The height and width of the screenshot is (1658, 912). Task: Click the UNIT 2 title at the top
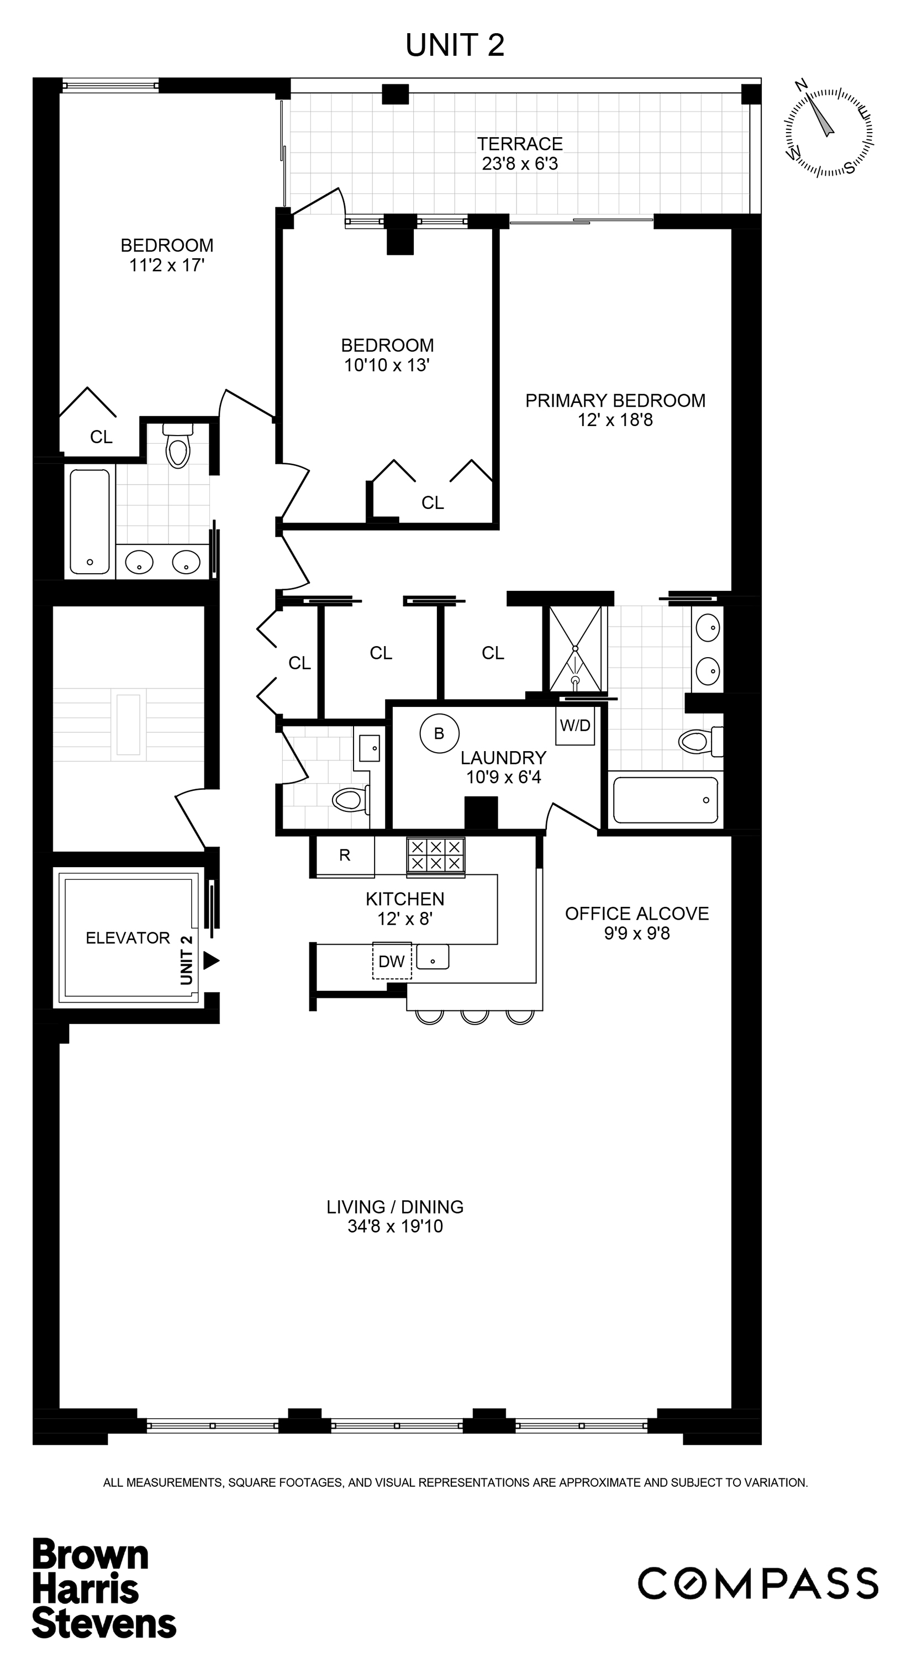click(455, 45)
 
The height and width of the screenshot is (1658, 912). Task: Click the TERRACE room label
click(520, 144)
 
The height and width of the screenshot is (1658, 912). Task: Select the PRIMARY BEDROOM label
click(615, 400)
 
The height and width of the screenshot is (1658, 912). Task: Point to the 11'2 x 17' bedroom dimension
click(167, 265)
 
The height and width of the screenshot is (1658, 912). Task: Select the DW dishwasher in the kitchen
click(392, 962)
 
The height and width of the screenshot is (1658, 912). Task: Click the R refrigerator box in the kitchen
click(345, 856)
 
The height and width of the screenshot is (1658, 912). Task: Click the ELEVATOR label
click(128, 938)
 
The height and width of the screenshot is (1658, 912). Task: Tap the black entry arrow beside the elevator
click(211, 961)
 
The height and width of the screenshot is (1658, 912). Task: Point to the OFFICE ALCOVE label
click(637, 914)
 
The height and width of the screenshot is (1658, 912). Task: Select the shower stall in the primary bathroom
click(576, 649)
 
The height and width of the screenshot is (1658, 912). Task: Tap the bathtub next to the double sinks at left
click(89, 522)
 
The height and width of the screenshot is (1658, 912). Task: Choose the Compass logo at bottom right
click(758, 1583)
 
